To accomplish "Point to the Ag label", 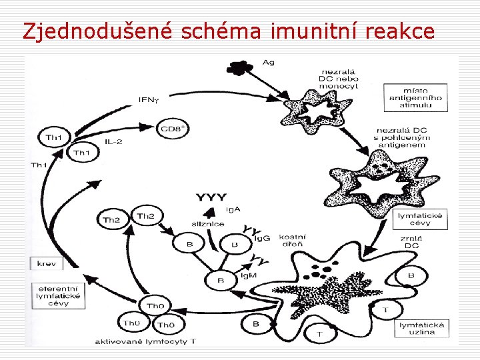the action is click(x=268, y=63).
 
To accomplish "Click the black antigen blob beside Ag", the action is click(x=237, y=66).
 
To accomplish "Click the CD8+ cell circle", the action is click(x=175, y=128).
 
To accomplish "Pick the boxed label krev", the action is click(x=47, y=263).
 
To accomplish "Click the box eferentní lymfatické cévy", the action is click(x=59, y=295).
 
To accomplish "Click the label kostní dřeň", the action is click(x=291, y=241).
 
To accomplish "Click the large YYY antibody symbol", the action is click(x=211, y=197).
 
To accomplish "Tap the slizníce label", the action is click(x=209, y=225).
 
